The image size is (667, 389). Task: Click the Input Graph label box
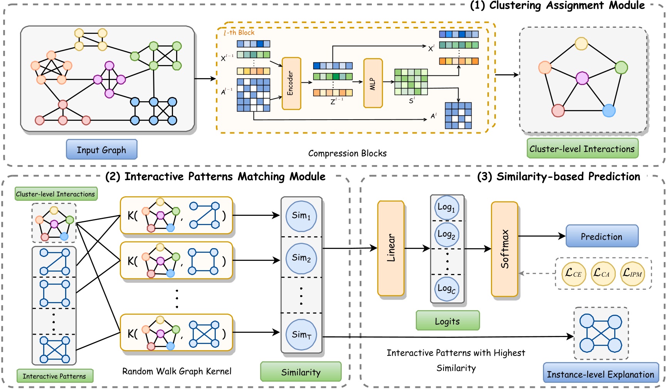click(101, 150)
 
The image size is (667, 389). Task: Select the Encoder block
click(291, 83)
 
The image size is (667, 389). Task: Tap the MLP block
click(373, 83)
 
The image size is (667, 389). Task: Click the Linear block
click(391, 248)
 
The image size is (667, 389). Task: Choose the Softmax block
click(504, 249)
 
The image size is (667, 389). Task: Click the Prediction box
click(601, 236)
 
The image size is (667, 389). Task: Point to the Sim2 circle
click(301, 258)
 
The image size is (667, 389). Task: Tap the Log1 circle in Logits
click(447, 207)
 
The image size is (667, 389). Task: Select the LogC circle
click(447, 289)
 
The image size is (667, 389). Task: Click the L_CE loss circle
click(573, 274)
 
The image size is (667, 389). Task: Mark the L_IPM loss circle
click(632, 274)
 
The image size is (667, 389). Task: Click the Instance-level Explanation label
click(600, 374)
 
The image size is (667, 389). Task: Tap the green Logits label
click(447, 321)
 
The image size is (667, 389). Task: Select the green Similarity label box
click(301, 372)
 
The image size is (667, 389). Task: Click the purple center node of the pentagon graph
click(582, 78)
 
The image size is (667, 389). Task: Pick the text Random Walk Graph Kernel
click(177, 371)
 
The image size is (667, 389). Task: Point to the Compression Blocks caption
click(347, 153)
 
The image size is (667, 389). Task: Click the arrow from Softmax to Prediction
click(541, 236)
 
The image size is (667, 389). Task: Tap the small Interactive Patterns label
click(54, 376)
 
